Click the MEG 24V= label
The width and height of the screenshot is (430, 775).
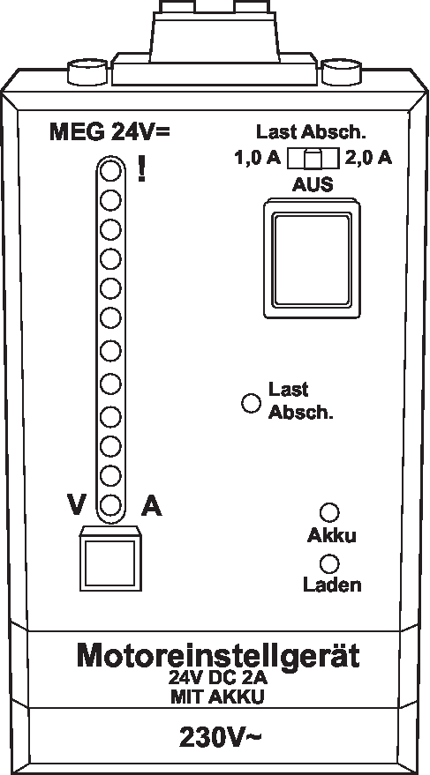[109, 132]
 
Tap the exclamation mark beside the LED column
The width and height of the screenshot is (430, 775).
[141, 168]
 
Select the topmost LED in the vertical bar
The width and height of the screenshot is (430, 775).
[111, 172]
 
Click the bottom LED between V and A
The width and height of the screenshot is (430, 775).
[111, 504]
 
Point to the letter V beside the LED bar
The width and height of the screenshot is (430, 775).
[77, 505]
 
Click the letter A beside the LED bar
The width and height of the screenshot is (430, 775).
[151, 505]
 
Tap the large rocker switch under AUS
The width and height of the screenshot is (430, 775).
[312, 258]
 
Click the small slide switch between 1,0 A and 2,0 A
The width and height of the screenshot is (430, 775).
[313, 159]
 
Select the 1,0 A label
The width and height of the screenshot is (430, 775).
[257, 158]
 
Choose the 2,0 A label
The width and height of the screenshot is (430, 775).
[368, 158]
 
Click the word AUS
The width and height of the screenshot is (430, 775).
[313, 184]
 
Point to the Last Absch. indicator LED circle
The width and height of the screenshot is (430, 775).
[251, 403]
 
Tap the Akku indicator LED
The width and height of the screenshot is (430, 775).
[329, 513]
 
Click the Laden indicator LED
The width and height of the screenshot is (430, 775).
[329, 563]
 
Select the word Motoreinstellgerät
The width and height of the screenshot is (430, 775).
[218, 657]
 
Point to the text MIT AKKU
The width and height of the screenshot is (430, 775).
[217, 697]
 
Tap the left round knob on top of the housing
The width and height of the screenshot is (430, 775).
[87, 72]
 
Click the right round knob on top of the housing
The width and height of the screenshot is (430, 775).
[342, 72]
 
